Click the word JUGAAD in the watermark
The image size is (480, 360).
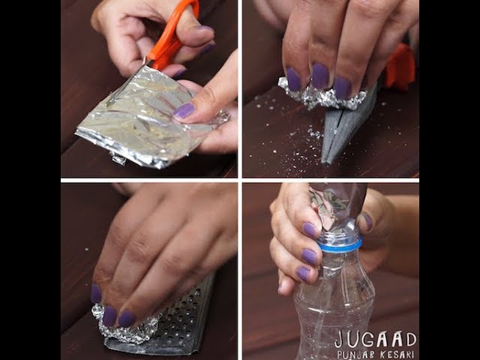[376, 340]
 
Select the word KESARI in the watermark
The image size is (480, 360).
[397, 355]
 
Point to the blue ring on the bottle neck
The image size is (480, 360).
[340, 244]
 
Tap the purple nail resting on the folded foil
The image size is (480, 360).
[184, 110]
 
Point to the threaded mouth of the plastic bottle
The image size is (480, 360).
[340, 235]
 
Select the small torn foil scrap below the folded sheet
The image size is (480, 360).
[118, 158]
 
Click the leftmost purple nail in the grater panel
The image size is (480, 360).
[96, 294]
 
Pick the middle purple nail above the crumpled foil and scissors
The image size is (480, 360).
[320, 76]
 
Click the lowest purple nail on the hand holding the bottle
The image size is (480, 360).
[303, 273]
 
